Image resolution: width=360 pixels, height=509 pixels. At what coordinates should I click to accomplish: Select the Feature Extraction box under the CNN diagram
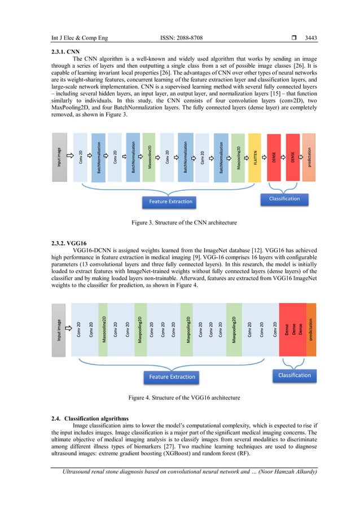[x=170, y=201]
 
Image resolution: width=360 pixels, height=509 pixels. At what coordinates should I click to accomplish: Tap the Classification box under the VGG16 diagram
[x=295, y=375]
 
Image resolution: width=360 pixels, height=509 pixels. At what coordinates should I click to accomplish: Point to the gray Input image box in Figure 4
[x=59, y=330]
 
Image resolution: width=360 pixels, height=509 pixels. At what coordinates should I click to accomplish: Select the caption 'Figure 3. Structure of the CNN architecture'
[x=184, y=223]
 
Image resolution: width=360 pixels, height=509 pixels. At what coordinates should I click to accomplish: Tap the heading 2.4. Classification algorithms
[x=96, y=418]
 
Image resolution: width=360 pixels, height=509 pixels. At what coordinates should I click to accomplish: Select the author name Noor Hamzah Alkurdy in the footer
[x=286, y=472]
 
